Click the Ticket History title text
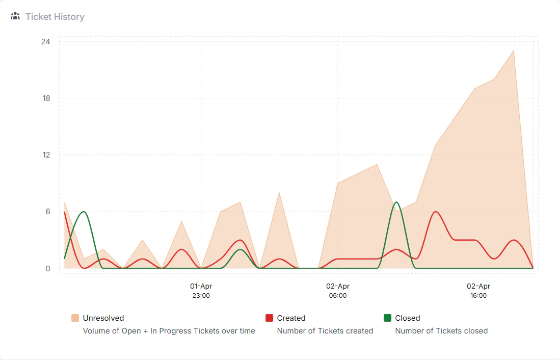55,17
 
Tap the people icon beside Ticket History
15,16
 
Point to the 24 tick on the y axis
45,41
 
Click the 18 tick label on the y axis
45,98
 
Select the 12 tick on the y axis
45,155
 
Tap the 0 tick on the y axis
47,269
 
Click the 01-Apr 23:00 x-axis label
201,291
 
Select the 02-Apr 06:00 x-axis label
338,291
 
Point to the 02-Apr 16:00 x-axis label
478,291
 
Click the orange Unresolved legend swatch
75,318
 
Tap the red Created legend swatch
270,318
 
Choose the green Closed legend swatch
387,318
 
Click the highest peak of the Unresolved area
513,50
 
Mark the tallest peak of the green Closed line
396,202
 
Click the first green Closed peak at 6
84,212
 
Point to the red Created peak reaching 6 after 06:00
436,212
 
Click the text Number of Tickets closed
441,331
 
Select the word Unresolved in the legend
103,318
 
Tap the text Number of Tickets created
325,331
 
